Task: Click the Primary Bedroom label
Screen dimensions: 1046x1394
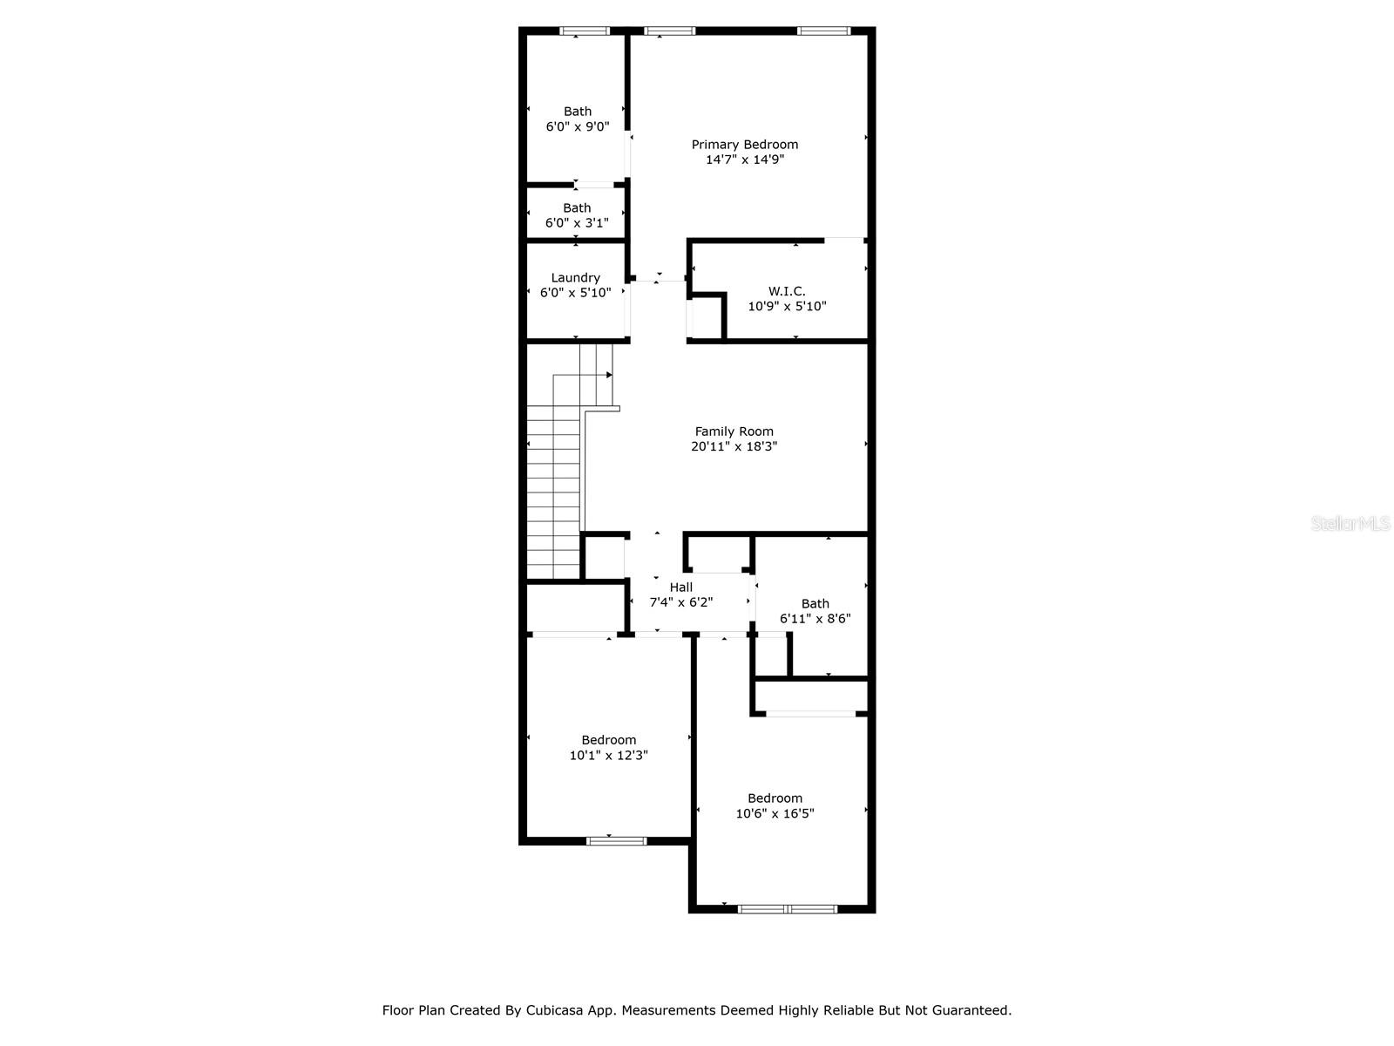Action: (x=744, y=145)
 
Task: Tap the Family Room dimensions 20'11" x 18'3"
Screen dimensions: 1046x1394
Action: (x=734, y=446)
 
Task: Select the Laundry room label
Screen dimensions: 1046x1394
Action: (x=575, y=278)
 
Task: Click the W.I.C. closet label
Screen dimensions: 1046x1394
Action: (x=787, y=291)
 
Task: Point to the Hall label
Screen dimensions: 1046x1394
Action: (x=681, y=588)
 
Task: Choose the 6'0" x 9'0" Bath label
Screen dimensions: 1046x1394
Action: (x=578, y=112)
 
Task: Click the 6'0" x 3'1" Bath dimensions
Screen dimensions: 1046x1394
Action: (x=577, y=223)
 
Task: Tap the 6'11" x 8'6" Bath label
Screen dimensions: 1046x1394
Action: (x=815, y=604)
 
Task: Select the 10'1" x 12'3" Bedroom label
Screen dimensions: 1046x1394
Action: (x=609, y=740)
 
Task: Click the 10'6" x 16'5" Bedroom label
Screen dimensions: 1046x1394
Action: (x=775, y=798)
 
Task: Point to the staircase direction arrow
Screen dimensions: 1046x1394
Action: (x=609, y=375)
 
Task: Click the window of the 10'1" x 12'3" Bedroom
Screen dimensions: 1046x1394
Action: (x=616, y=841)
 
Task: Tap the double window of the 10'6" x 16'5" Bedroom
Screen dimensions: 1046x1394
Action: (x=788, y=909)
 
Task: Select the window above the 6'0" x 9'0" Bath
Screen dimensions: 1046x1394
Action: (x=584, y=31)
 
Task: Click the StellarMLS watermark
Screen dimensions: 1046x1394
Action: (x=1350, y=524)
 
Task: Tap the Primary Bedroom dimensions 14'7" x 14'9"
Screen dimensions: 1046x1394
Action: (x=745, y=160)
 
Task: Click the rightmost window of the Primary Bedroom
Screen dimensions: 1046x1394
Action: (x=823, y=31)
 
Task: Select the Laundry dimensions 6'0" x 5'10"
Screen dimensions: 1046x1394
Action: (x=575, y=293)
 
